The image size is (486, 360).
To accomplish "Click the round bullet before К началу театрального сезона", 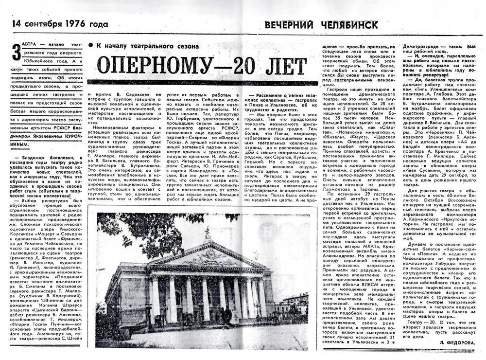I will point(90,45).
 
